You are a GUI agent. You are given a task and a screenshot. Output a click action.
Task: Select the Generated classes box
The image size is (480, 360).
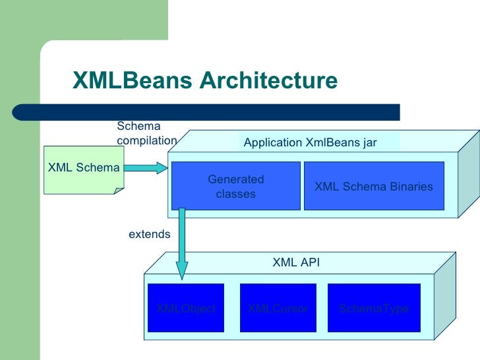pos(235,186)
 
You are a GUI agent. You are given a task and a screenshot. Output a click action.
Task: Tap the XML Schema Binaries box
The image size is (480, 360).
pos(373,186)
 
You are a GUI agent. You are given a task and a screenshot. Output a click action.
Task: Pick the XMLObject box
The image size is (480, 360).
pos(185,308)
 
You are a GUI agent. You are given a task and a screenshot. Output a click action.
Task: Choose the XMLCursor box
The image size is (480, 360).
pos(278,308)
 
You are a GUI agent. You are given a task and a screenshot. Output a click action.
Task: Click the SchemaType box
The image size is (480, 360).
pos(373,308)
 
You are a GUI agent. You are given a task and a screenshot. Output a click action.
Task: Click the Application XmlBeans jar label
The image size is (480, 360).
pos(310,142)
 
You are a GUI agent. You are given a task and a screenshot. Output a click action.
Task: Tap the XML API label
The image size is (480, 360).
pos(296,262)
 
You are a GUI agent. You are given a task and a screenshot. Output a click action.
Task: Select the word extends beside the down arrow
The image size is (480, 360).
pos(149,234)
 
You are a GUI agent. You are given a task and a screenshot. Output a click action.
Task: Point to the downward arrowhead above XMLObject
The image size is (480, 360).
pos(181,270)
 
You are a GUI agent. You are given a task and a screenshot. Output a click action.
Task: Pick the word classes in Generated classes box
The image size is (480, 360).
pos(235,194)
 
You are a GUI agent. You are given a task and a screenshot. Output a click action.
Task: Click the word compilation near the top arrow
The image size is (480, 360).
pos(146,140)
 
